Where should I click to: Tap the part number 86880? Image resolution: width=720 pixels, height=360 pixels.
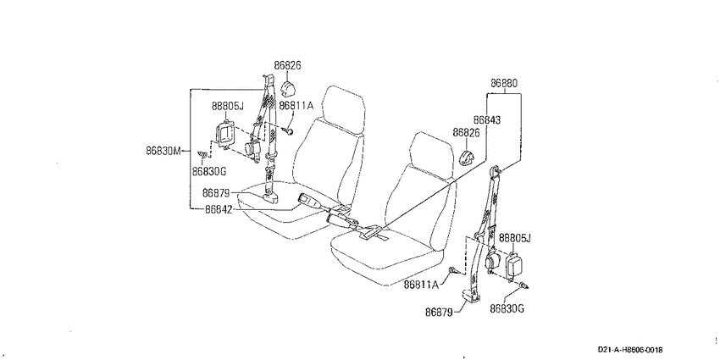504,84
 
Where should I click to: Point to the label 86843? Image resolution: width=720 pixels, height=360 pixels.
487,119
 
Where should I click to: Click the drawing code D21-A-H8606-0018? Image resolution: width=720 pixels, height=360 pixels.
630,350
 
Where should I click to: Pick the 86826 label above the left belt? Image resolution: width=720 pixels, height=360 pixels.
287,66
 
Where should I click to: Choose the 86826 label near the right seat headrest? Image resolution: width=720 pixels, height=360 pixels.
467,133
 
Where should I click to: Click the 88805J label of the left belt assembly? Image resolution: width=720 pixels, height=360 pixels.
227,106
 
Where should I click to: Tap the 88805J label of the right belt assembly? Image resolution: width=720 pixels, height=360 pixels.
515,238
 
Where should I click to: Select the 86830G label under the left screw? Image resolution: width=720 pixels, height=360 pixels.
209,171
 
